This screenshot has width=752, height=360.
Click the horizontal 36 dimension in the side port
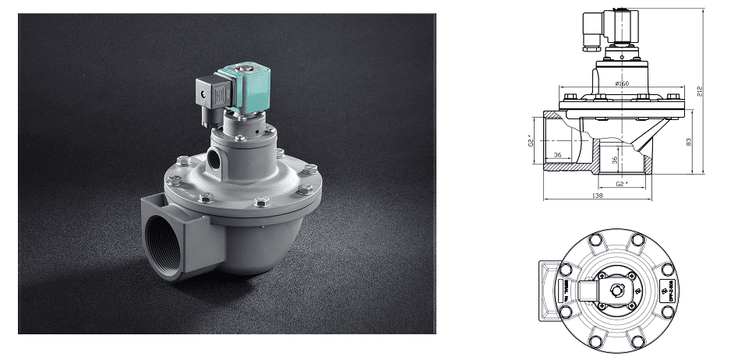point(557,155)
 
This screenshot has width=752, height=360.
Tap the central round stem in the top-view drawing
point(618,289)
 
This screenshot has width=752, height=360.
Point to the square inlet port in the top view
point(549,289)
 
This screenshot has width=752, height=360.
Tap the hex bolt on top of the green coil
point(254,72)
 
